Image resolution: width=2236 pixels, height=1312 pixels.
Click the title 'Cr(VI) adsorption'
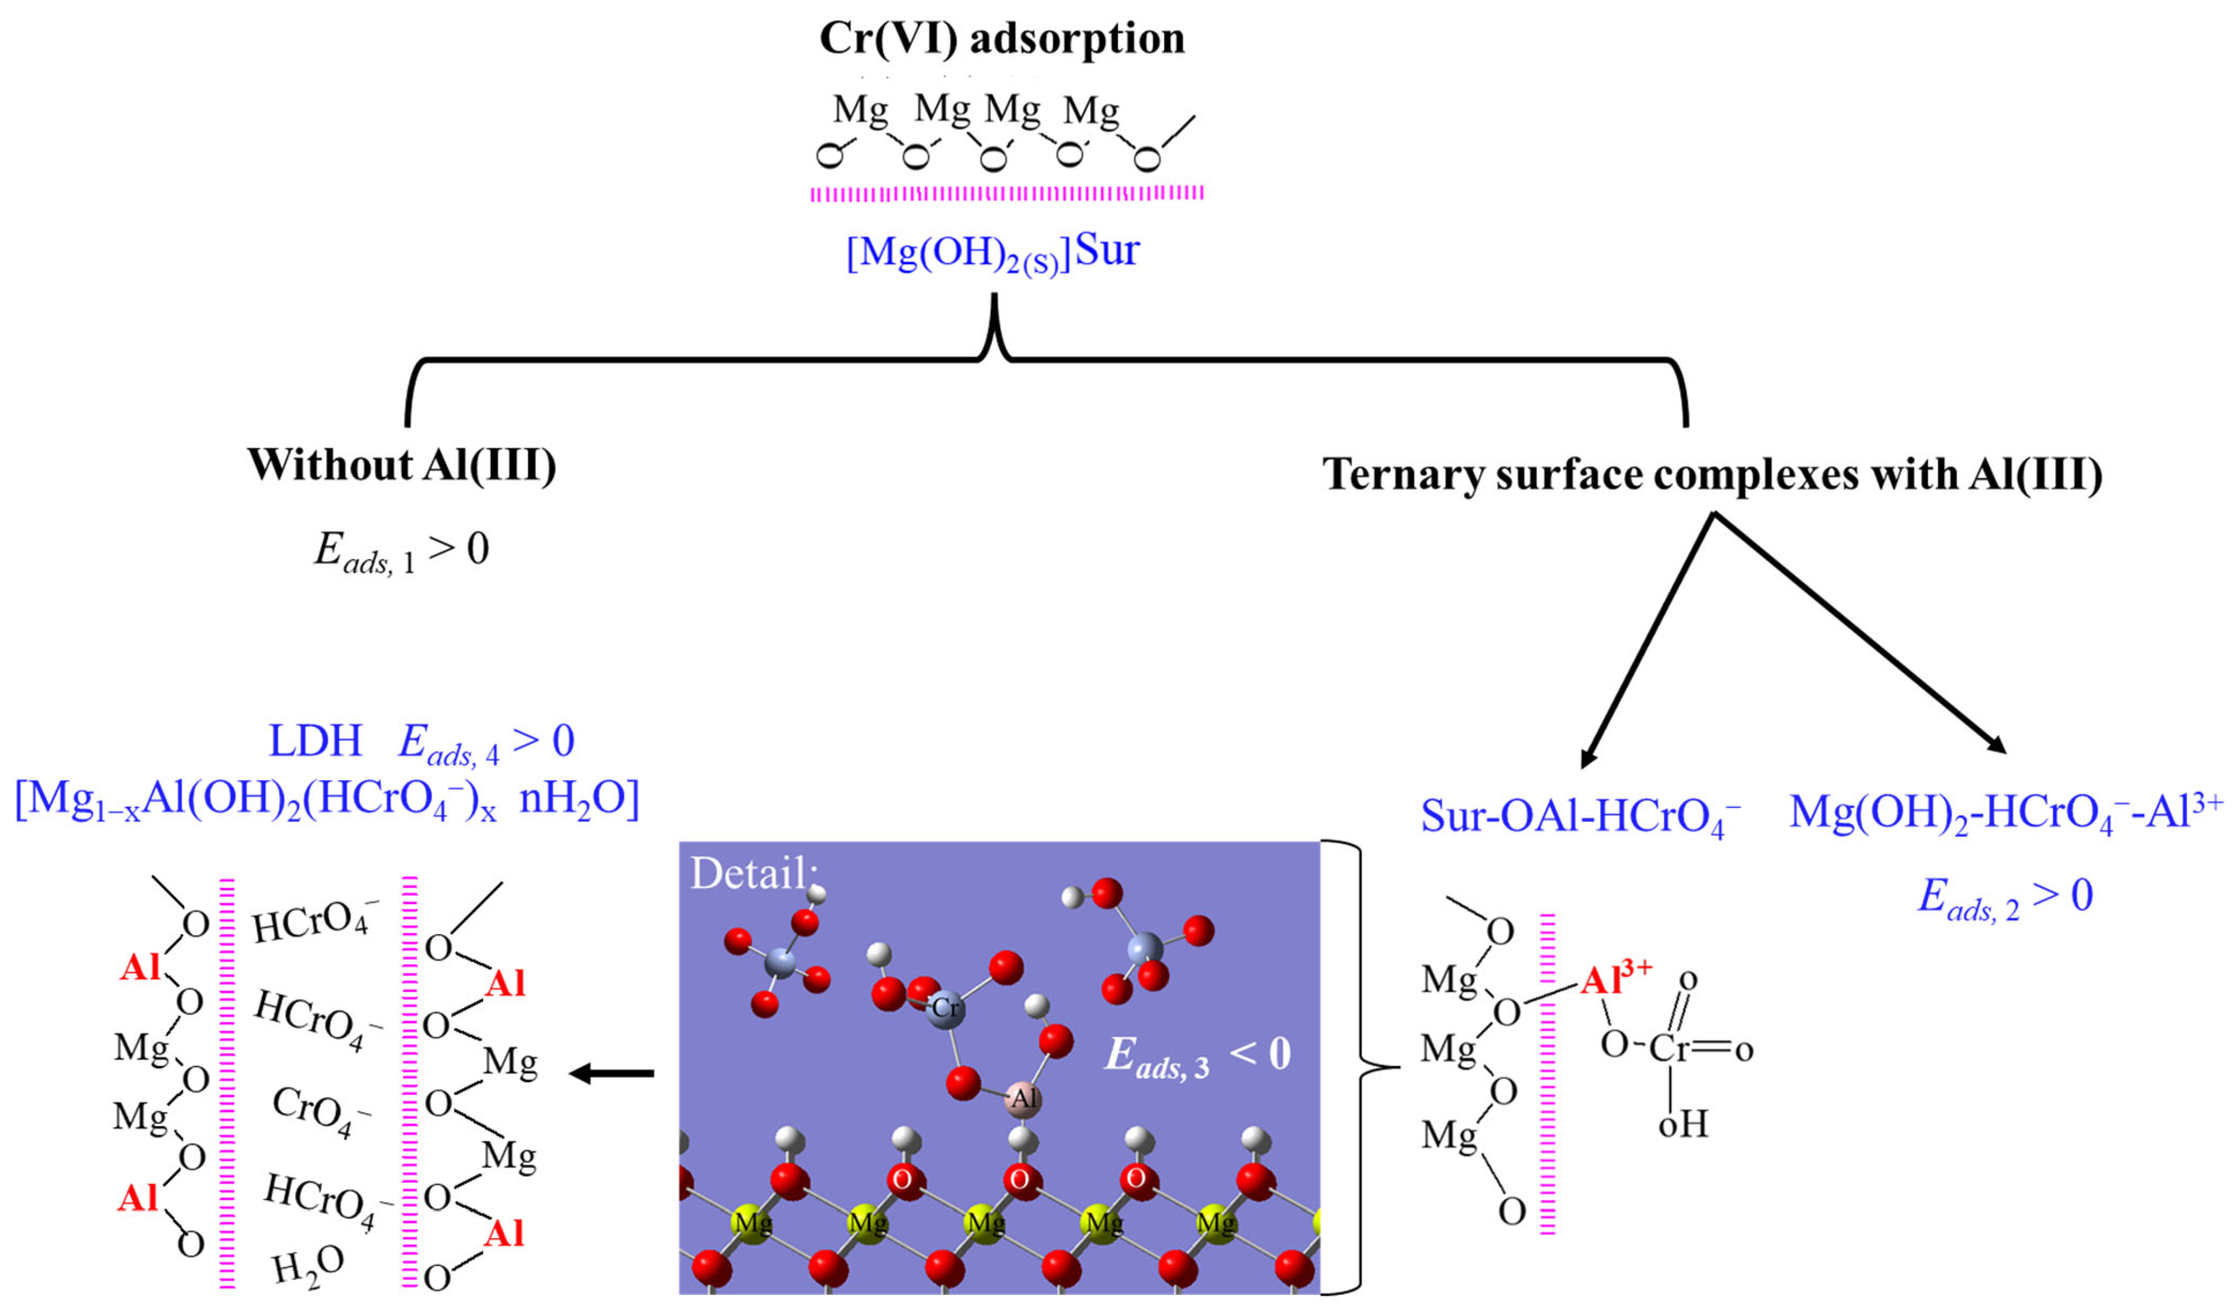click(1002, 39)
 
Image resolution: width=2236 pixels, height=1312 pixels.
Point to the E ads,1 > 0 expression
click(401, 551)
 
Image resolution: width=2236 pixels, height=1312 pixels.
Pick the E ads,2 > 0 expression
click(2006, 897)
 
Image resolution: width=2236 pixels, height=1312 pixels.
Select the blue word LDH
click(315, 741)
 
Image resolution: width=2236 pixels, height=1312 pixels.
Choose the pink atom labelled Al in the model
click(1024, 1099)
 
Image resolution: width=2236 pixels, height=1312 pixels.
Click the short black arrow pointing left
click(612, 1074)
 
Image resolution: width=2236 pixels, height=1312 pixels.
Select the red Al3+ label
click(1615, 979)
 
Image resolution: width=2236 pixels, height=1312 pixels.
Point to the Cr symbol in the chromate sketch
click(1668, 1049)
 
